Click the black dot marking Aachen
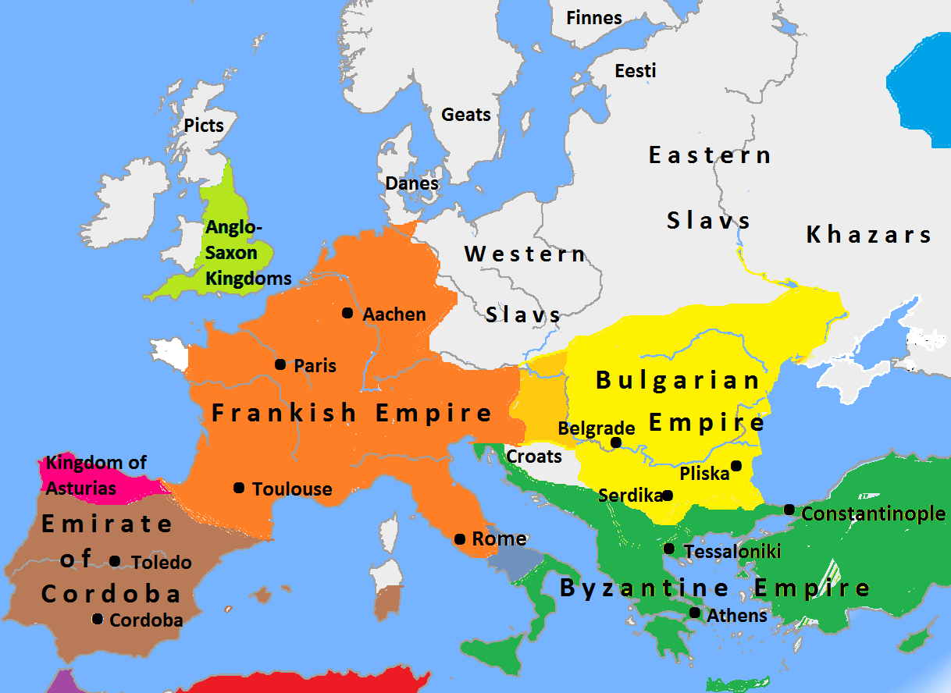347,313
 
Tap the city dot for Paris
280,364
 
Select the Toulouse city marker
238,488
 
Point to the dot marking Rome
460,539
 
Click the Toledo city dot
115,561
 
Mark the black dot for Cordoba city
98,619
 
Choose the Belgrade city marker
616,442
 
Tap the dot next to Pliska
736,466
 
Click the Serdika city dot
668,495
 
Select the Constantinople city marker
789,510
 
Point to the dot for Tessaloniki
669,549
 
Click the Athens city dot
695,613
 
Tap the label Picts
204,125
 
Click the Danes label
412,183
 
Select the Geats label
466,115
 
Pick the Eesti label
636,71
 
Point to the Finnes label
594,18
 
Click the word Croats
534,457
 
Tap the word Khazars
869,234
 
